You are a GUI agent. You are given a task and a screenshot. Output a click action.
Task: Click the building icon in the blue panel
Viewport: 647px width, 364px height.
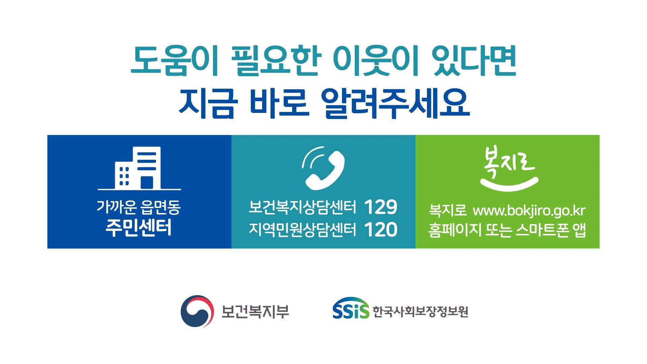point(139,169)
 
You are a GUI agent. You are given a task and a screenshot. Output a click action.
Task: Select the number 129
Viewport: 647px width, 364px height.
point(381,207)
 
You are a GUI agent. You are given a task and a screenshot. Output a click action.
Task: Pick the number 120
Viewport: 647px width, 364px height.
point(381,230)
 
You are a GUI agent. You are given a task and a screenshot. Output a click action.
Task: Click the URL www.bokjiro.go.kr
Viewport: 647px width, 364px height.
point(529,211)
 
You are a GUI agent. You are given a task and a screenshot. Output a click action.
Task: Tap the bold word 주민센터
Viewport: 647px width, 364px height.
point(138,227)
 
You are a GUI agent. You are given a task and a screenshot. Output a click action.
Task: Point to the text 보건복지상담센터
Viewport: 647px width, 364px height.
point(302,207)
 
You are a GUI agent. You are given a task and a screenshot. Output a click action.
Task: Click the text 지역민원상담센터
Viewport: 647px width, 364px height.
point(302,230)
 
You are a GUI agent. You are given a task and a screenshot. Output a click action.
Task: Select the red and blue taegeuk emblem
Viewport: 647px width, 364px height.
point(197,311)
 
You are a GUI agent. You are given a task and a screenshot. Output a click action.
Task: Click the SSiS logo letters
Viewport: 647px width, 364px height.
point(351,311)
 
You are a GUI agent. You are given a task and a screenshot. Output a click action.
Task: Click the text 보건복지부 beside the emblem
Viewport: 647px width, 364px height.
point(255,311)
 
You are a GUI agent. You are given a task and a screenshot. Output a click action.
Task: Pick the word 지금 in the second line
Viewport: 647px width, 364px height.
point(206,103)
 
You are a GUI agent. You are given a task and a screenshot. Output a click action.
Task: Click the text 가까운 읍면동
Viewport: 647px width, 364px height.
point(138,207)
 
